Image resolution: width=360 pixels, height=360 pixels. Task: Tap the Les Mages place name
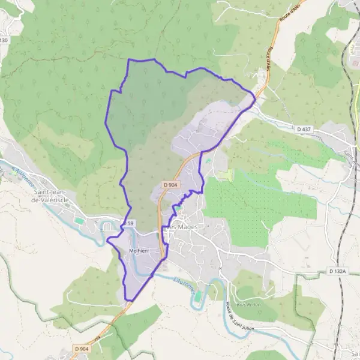tap(182, 227)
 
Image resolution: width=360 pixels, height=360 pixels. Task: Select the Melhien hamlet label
tap(139, 251)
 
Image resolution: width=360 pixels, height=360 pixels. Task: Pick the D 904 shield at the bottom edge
tap(82, 349)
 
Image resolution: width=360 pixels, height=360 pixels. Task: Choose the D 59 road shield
tap(130, 223)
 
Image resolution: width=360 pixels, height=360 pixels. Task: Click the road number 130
tap(4, 40)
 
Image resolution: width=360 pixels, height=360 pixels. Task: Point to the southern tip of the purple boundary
tap(128, 300)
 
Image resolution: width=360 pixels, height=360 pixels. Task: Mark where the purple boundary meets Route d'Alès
tap(256, 95)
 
